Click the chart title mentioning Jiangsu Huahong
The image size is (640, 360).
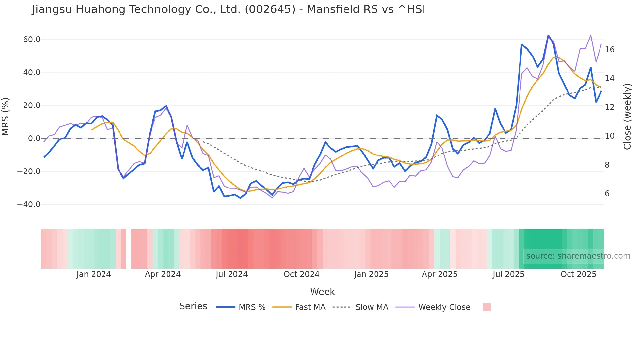coord(229,9)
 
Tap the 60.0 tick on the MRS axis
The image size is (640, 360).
coord(32,40)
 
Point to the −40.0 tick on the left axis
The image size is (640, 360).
coord(29,205)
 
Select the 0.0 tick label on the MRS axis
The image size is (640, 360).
coord(34,139)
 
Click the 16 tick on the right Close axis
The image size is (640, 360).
coord(610,50)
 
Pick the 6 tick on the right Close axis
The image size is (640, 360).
coord(607,194)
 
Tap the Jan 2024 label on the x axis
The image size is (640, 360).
coord(94,274)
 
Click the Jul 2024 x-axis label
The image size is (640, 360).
coord(232,274)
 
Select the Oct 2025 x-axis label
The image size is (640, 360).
coord(578,274)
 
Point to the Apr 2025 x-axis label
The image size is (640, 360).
coord(440,274)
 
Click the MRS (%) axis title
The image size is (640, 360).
coord(6,116)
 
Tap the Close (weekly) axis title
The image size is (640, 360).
coord(627,117)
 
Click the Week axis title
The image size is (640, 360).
coord(322,292)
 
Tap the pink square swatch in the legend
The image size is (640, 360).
coord(487,307)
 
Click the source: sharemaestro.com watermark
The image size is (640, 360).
coord(578,256)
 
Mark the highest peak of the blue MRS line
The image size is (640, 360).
coord(548,35)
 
